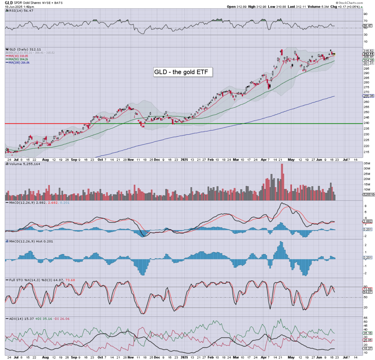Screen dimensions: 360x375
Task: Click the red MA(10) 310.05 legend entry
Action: point(18,56)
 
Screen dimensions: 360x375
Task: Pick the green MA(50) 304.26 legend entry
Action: point(18,59)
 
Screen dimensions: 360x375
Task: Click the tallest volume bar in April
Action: point(282,182)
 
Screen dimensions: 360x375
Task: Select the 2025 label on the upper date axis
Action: point(185,160)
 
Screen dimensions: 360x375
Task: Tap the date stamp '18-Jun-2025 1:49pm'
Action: point(19,7)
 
